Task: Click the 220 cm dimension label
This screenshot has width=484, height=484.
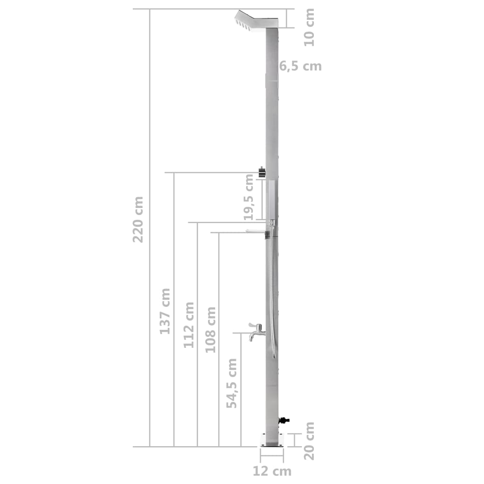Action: point(138,220)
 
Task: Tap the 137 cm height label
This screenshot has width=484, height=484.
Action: point(164,311)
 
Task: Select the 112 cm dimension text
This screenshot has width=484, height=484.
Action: point(189,325)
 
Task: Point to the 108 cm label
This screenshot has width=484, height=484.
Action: point(211,329)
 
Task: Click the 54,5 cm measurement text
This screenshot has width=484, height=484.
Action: point(232,383)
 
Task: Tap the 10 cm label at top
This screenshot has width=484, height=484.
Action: point(309,27)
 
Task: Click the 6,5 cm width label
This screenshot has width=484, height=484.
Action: point(300,66)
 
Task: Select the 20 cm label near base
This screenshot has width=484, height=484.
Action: point(309,441)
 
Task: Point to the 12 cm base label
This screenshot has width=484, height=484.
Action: point(272,471)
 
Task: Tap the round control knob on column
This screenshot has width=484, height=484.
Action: point(262,173)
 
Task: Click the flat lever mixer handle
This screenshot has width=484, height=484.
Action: point(255,231)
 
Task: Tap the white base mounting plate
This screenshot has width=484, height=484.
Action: point(272,440)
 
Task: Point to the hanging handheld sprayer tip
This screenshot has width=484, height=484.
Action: point(274,354)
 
